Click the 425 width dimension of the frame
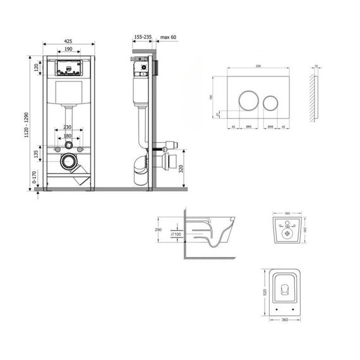(x=68, y=40)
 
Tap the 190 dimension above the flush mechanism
(x=68, y=49)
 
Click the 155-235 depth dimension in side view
(x=143, y=37)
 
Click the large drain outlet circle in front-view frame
(x=68, y=162)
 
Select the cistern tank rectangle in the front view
(x=68, y=95)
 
